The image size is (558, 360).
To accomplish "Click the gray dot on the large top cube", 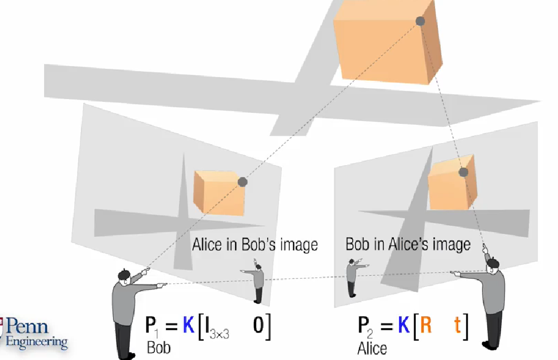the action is click(x=420, y=21).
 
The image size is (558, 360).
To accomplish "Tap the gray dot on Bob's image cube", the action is click(x=242, y=182).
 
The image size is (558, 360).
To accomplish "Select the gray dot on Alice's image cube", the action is click(x=463, y=172).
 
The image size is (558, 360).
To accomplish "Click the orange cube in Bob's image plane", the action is click(x=218, y=191).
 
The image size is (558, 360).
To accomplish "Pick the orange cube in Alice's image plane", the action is click(x=450, y=185).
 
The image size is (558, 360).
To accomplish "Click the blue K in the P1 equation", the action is click(x=189, y=326).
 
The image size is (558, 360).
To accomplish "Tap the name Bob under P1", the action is click(x=158, y=348).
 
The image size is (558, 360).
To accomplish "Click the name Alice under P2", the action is click(x=372, y=348).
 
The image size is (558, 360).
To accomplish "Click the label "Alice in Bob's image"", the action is click(x=254, y=244).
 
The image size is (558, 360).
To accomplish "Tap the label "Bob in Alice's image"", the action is click(x=408, y=244).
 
